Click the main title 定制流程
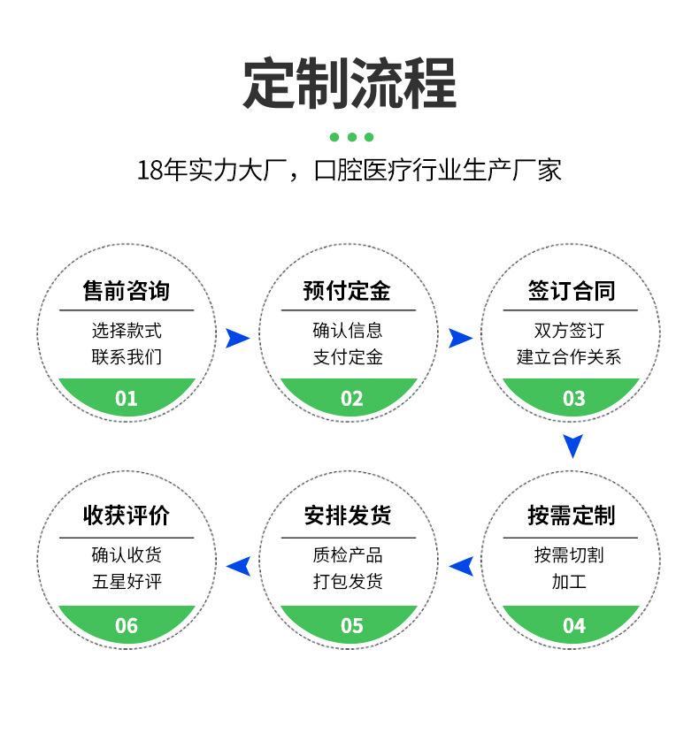point(349,83)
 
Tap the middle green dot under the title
point(352,137)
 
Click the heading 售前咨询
point(127,290)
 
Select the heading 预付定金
point(347,290)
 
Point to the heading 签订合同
point(572,290)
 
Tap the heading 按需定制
point(572,516)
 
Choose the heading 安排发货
point(347,516)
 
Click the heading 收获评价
point(127,516)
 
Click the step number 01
point(127,399)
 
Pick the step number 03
point(573,399)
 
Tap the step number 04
point(573,626)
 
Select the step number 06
point(127,626)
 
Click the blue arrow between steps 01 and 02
point(237,338)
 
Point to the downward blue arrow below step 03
point(572,446)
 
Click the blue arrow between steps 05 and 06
point(238,566)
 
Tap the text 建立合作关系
point(568,357)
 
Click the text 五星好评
point(127,581)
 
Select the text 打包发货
point(348,581)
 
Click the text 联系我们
point(127,357)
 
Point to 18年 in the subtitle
point(162,170)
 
